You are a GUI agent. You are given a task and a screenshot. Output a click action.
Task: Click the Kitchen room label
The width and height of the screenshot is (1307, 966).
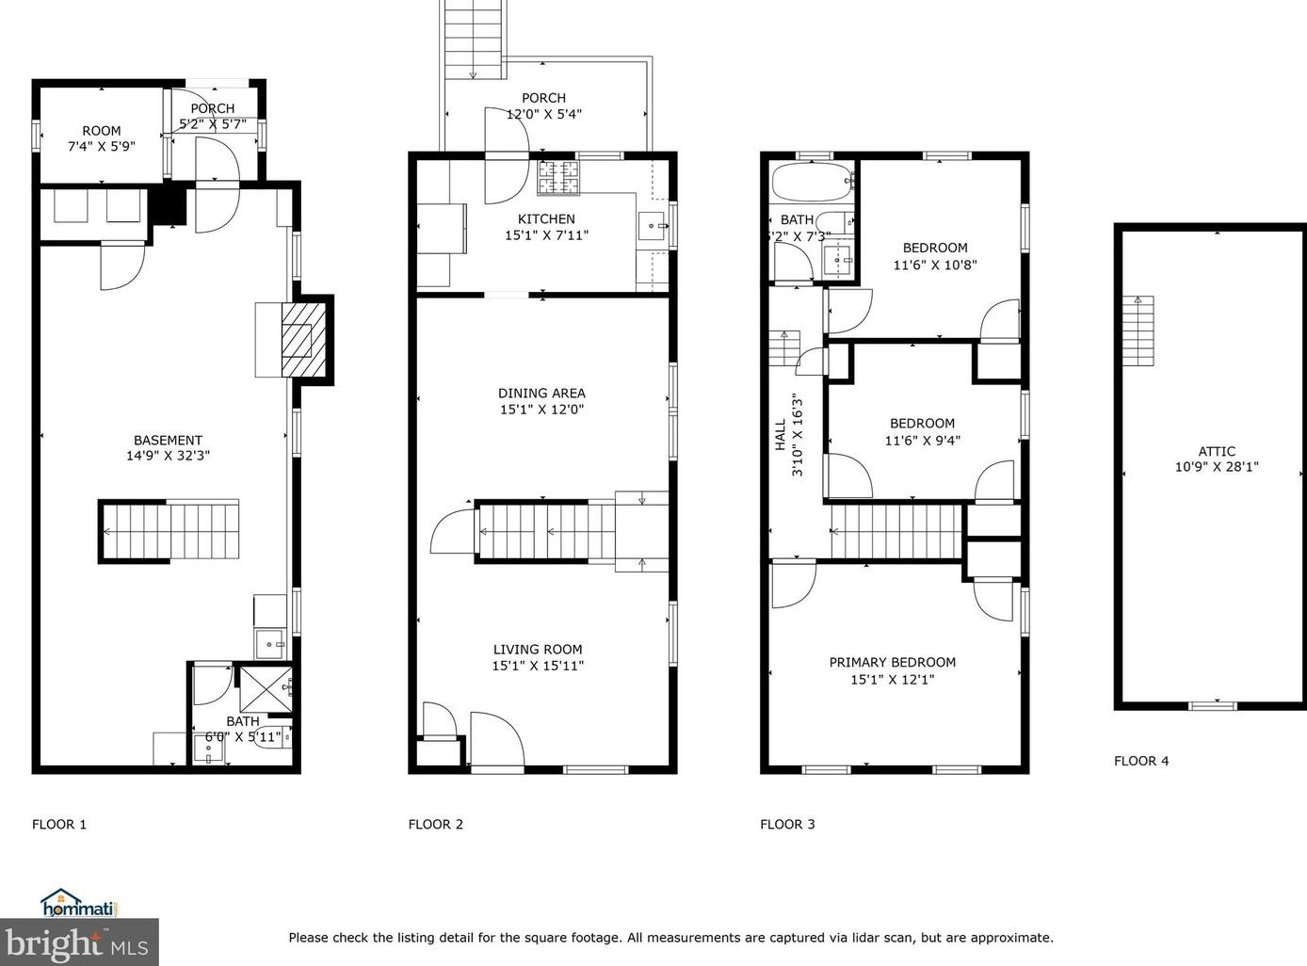coord(546,219)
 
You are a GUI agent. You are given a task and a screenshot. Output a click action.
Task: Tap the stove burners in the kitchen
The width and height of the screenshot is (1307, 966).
coord(558,177)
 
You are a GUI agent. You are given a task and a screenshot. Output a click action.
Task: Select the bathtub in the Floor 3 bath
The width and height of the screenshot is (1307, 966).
coord(812,182)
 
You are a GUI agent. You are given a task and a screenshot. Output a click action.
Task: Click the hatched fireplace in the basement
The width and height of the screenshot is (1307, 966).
coord(303,340)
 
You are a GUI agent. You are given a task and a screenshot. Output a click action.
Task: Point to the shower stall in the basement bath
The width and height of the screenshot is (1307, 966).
coord(266,689)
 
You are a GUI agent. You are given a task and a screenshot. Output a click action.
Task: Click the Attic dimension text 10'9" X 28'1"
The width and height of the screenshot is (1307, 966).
coord(1217,467)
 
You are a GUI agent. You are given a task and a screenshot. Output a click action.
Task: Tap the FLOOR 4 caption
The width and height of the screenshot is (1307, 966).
coord(1141,761)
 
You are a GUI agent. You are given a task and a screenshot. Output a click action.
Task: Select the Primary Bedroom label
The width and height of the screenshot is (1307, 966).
coord(892,663)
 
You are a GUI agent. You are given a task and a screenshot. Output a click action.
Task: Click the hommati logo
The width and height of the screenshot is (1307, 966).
coord(79,904)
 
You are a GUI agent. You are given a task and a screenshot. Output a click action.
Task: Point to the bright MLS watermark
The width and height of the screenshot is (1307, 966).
coord(79,942)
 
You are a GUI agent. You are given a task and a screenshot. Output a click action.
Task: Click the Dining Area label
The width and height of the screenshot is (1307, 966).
coord(541,394)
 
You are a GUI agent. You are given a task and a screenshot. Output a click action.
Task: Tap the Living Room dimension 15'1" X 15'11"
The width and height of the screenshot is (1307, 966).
coord(538,666)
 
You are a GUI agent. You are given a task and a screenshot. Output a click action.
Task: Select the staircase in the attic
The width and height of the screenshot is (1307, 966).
coord(1138,330)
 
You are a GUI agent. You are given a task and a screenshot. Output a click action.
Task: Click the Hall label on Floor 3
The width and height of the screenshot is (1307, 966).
coord(781,435)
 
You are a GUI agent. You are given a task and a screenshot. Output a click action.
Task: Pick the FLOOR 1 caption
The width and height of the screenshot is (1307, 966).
coord(59,824)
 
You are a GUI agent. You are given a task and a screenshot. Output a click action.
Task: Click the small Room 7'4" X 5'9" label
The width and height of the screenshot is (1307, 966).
coord(102,138)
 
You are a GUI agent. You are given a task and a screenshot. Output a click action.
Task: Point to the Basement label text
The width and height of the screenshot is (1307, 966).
coord(168,441)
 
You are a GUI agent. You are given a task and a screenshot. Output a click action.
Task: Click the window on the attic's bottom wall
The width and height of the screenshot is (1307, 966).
coord(1212,705)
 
